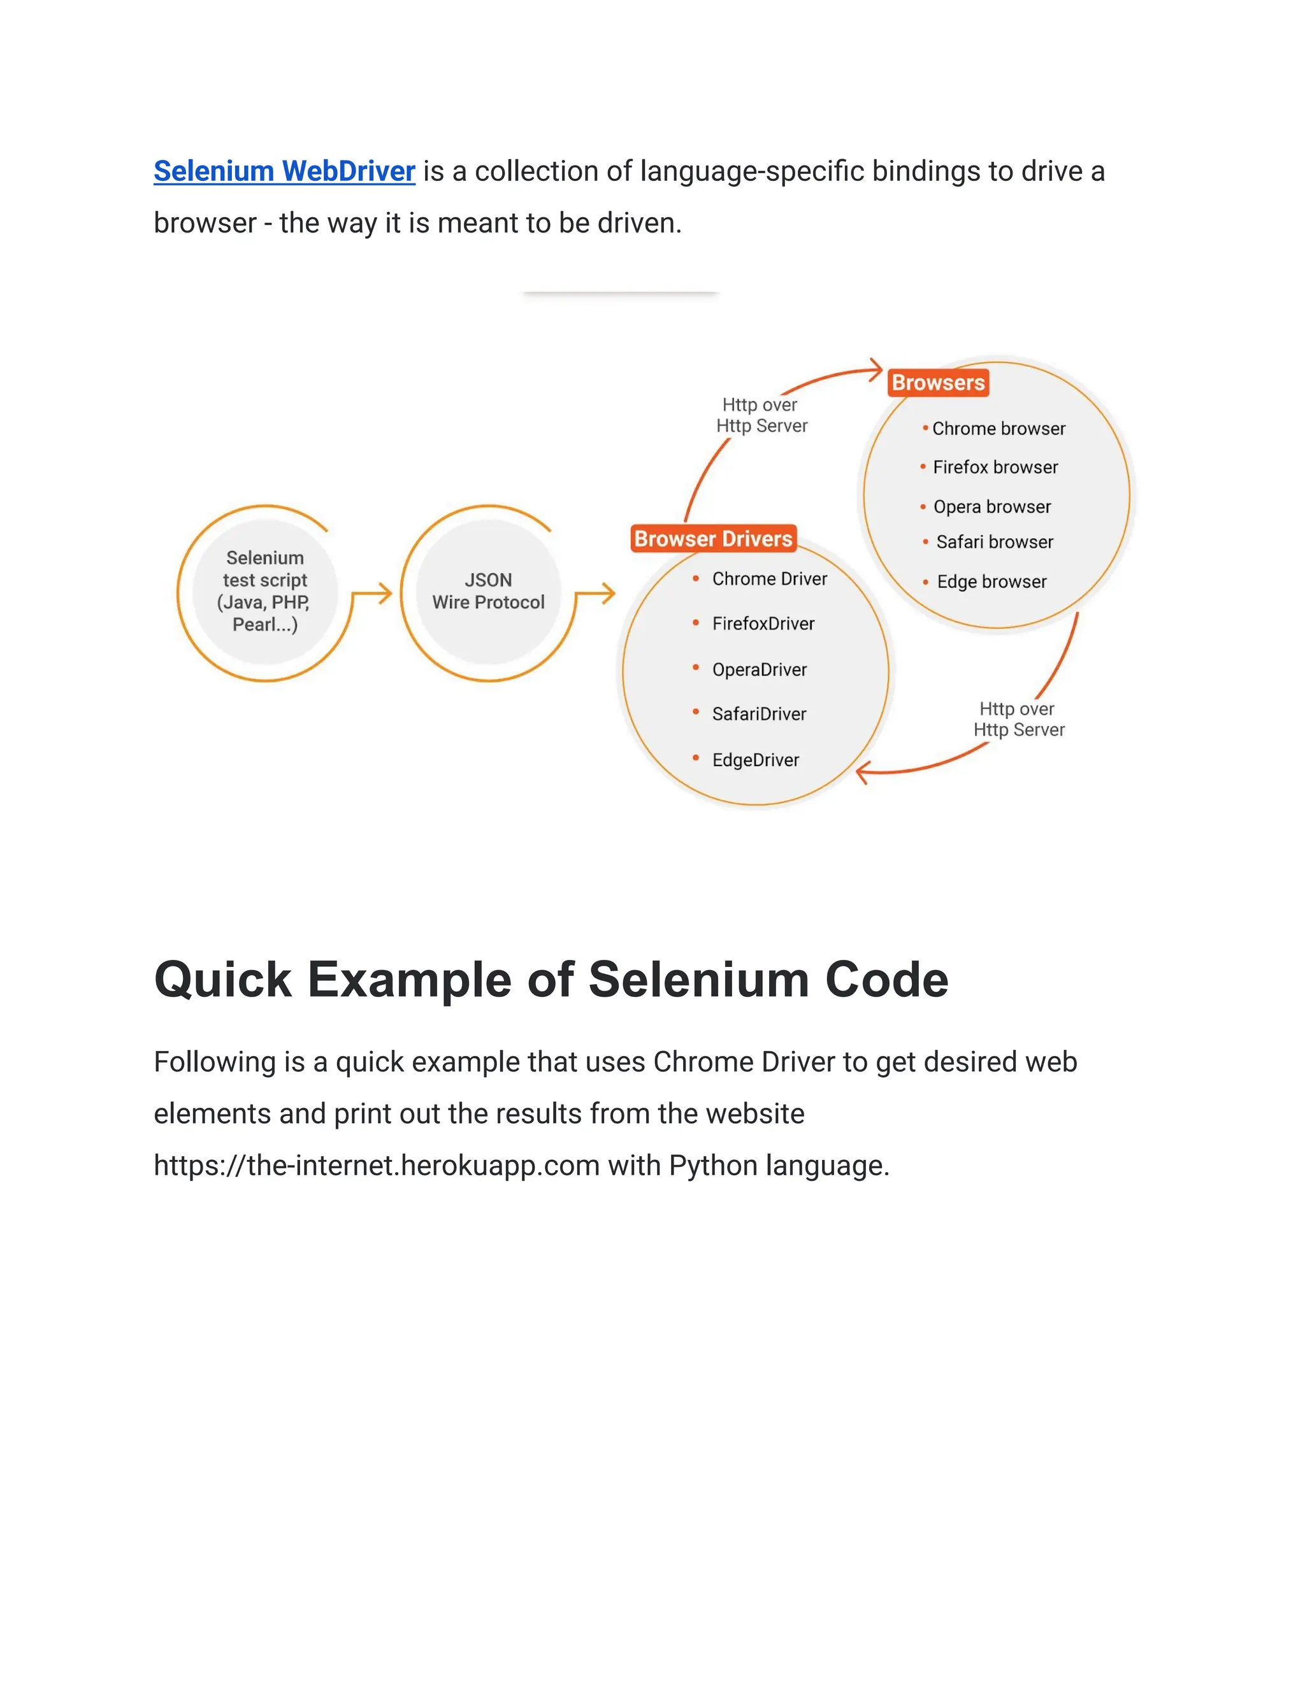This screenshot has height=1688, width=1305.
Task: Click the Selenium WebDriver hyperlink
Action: click(284, 171)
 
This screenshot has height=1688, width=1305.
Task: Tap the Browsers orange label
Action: click(938, 383)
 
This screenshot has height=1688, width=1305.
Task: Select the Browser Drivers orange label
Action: click(713, 539)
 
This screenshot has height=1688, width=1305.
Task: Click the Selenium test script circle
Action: click(265, 591)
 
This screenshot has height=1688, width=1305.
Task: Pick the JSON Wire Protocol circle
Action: click(488, 591)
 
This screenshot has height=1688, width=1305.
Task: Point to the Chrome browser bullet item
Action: click(998, 428)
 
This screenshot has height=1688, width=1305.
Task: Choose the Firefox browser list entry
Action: click(995, 467)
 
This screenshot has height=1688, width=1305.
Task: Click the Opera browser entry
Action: click(992, 507)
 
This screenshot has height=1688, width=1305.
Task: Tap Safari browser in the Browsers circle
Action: click(994, 542)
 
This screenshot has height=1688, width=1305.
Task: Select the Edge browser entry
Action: click(991, 581)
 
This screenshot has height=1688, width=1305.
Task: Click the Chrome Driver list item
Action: click(769, 579)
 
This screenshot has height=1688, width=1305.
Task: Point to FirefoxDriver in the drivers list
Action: click(763, 624)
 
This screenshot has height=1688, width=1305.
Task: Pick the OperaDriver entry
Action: click(759, 669)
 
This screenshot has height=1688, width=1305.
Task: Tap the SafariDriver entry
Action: click(759, 714)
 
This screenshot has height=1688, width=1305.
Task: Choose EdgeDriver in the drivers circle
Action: click(755, 760)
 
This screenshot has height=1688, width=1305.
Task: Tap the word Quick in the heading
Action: click(222, 979)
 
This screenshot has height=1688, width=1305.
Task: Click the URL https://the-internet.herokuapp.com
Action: click(377, 1166)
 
